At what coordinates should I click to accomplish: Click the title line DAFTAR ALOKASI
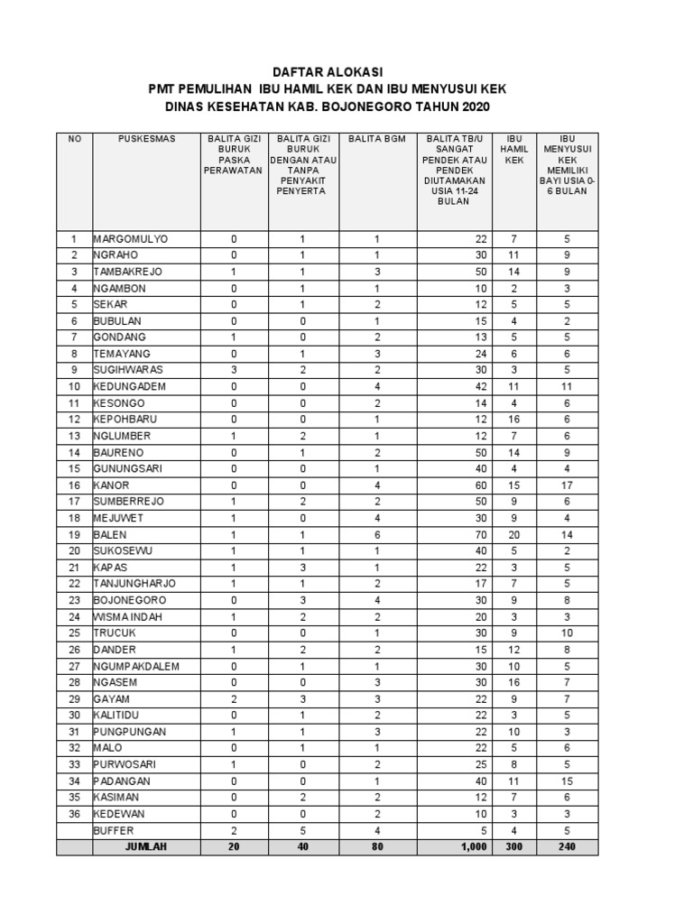(x=328, y=71)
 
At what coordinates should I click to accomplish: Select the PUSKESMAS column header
(x=146, y=138)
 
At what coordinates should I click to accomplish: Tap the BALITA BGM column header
(x=377, y=138)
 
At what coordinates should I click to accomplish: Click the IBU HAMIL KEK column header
(x=513, y=149)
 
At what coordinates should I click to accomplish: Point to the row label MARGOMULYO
(x=131, y=239)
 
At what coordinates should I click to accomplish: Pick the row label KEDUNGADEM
(x=131, y=386)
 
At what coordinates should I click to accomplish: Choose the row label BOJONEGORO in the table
(x=130, y=600)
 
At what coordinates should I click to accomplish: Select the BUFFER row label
(x=113, y=830)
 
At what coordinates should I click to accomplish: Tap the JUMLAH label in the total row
(x=145, y=846)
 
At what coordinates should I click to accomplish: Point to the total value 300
(x=513, y=846)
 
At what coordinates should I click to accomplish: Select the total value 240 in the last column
(x=567, y=846)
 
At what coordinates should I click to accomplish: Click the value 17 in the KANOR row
(x=567, y=485)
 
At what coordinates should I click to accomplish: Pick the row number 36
(x=74, y=814)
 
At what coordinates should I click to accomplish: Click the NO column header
(x=74, y=138)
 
